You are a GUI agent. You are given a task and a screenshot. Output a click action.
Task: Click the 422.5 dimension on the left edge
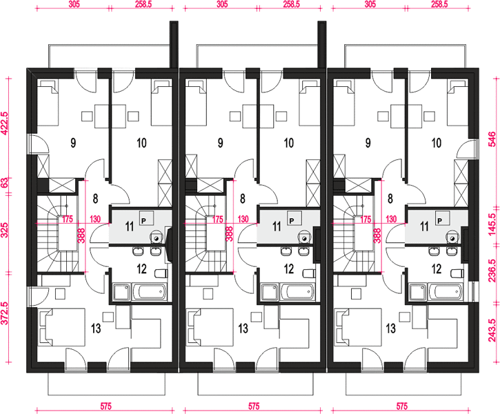pyautogui.click(x=4, y=124)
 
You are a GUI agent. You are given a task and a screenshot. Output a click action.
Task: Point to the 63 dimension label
pyautogui.click(x=4, y=184)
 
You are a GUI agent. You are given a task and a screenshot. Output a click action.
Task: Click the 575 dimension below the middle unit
pyautogui.click(x=254, y=406)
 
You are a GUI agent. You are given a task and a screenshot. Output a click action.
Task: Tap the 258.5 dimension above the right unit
pyautogui.click(x=439, y=4)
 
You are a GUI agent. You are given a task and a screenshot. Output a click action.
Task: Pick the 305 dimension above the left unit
pyautogui.click(x=74, y=4)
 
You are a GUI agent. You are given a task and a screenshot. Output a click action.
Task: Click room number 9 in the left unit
pyautogui.click(x=73, y=143)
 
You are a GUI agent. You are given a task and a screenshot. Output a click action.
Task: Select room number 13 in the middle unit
pyautogui.click(x=243, y=328)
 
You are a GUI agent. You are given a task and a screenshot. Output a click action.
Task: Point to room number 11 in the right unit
pyautogui.click(x=424, y=226)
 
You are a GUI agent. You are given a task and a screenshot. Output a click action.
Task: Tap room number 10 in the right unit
pyautogui.click(x=437, y=143)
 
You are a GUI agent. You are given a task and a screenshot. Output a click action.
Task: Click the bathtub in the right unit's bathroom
pyautogui.click(x=446, y=291)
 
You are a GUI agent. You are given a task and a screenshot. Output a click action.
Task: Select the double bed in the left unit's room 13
pyautogui.click(x=61, y=327)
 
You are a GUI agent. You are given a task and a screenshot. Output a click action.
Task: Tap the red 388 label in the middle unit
pyautogui.click(x=229, y=235)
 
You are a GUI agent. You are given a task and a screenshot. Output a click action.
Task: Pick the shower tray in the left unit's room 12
pyautogui.click(x=122, y=292)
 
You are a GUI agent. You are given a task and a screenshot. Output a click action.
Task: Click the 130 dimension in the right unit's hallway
pyautogui.click(x=391, y=219)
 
